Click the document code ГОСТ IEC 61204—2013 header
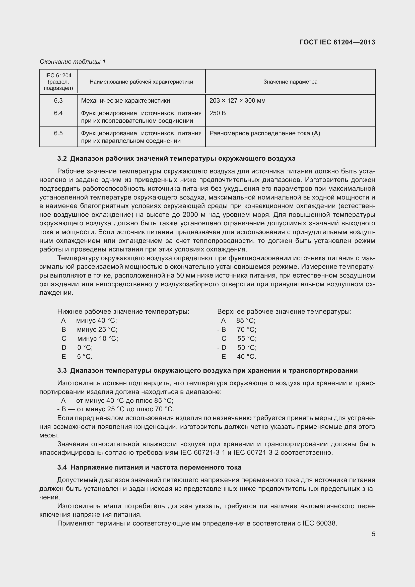click(x=337, y=42)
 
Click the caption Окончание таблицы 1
click(x=73, y=62)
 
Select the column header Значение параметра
click(x=290, y=82)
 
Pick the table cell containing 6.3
click(x=58, y=100)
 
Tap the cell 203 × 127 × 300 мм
click(x=237, y=100)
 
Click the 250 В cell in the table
click(x=218, y=113)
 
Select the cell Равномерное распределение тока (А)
click(x=265, y=133)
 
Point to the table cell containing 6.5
click(x=58, y=133)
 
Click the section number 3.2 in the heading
click(x=62, y=159)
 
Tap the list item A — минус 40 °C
click(x=87, y=320)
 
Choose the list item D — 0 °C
click(x=75, y=347)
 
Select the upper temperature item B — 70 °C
click(x=237, y=329)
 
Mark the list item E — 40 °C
click(x=237, y=356)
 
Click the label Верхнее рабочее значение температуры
click(x=284, y=311)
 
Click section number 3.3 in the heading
click(x=62, y=370)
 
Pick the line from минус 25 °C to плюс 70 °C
click(x=115, y=409)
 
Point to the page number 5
click(x=373, y=534)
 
